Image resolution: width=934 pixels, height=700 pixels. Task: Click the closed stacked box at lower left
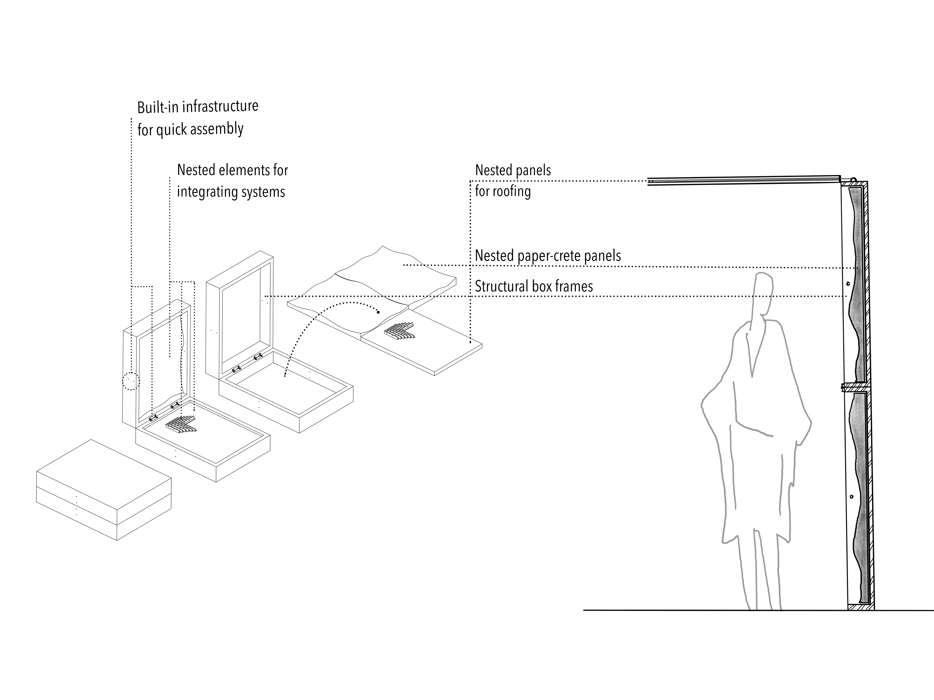pos(104,489)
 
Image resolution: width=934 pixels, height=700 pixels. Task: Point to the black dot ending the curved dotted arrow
pos(378,312)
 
